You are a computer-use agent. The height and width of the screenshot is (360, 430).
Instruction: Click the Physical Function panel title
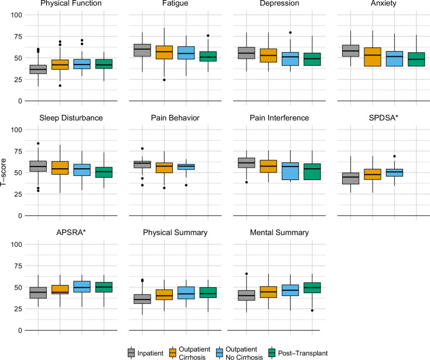click(x=61, y=5)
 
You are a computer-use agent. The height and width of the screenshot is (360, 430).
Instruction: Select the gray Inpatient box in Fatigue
click(x=142, y=50)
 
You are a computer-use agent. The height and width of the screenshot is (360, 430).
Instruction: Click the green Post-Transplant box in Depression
click(x=313, y=59)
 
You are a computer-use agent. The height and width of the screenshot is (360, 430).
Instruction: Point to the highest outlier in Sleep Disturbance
click(x=39, y=143)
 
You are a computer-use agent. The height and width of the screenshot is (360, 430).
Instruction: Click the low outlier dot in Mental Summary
click(x=313, y=310)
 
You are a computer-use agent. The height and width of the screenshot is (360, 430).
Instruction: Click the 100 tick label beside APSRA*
click(x=15, y=244)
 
